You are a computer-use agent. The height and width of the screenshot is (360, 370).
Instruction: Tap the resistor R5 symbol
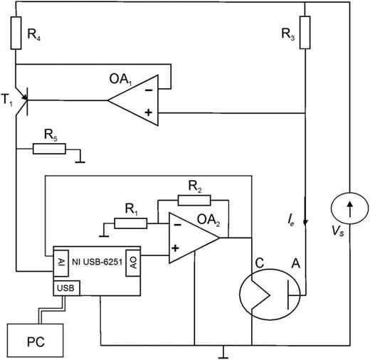coord(51,149)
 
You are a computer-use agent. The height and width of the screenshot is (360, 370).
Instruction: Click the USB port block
coord(65,288)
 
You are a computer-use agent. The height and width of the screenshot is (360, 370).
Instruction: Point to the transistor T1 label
coord(8,100)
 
